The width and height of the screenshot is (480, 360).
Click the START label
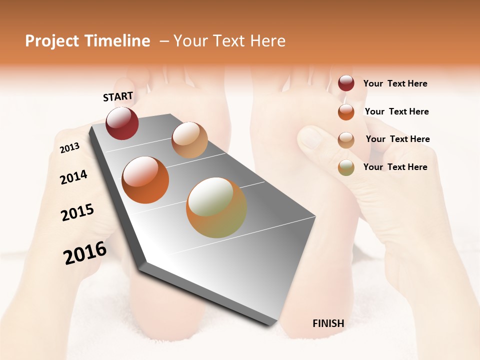(118, 96)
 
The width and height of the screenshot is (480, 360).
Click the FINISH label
(328, 323)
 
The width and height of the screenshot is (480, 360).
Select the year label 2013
(69, 148)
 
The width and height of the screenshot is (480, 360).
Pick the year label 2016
(85, 253)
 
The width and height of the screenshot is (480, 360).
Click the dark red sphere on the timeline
(122, 123)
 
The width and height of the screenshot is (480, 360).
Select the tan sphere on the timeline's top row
(189, 140)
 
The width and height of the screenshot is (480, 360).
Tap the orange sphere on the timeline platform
(145, 180)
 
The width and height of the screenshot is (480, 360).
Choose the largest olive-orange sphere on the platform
(216, 207)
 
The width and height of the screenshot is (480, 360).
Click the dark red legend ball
(346, 83)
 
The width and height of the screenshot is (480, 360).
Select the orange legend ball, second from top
(346, 111)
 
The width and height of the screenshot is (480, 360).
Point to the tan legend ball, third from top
(346, 139)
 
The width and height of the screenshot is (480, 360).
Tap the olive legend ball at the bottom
(346, 167)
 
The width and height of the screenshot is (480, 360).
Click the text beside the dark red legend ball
(395, 84)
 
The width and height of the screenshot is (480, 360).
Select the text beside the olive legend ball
(395, 167)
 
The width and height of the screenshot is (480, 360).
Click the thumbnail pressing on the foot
(311, 137)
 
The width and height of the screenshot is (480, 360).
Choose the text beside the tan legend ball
(397, 139)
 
